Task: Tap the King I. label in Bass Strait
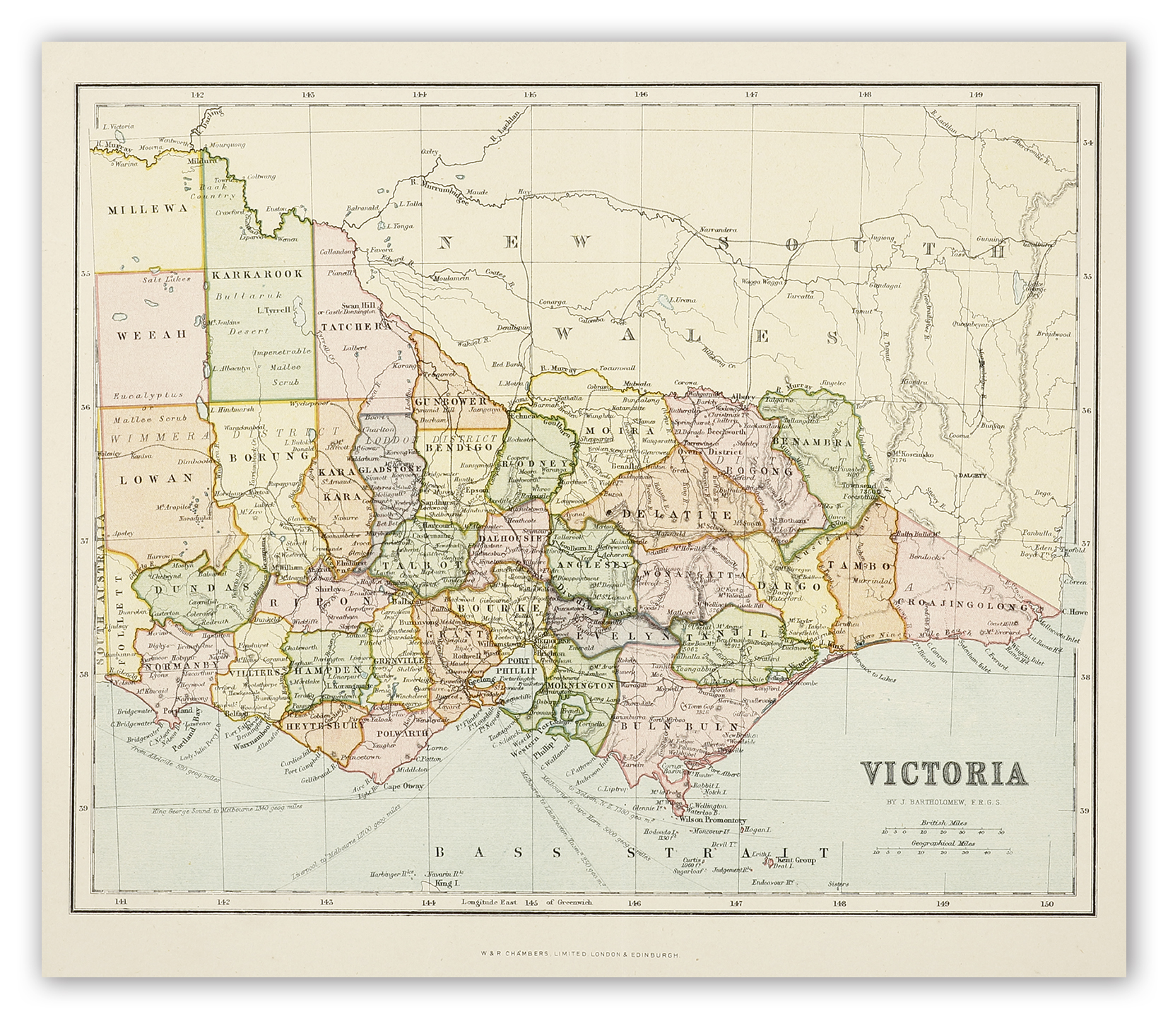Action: pyautogui.click(x=442, y=883)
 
